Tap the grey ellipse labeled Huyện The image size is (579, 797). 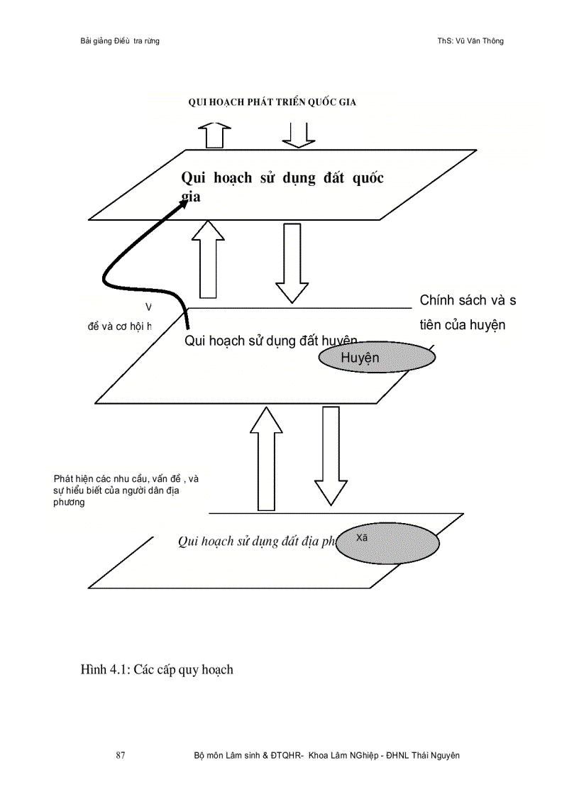(376, 358)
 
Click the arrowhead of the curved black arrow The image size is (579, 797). (183, 202)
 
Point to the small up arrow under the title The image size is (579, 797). (214, 135)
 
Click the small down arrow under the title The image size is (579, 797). (299, 135)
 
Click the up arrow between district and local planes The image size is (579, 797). (266, 458)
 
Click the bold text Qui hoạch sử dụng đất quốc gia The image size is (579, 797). (282, 187)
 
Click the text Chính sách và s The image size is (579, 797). (468, 300)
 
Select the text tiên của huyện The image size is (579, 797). (462, 325)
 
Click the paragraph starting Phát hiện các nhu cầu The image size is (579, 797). (126, 490)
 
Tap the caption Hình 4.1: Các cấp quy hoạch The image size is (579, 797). (157, 669)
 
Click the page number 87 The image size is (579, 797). (120, 755)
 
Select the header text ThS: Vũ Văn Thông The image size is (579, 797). (470, 41)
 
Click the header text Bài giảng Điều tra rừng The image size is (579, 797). (120, 41)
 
